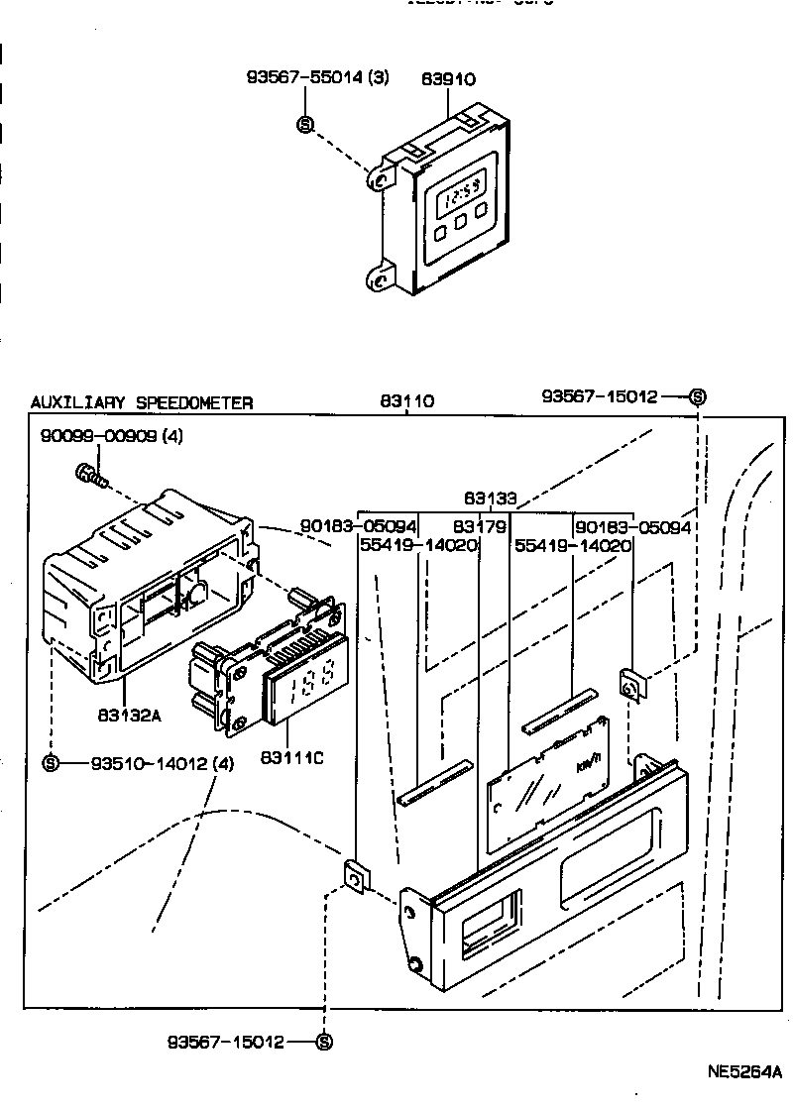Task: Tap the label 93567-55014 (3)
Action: pyautogui.click(x=317, y=78)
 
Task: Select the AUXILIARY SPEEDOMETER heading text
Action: pyautogui.click(x=141, y=402)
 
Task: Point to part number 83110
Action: pyautogui.click(x=406, y=401)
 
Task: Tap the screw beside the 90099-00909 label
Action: pyautogui.click(x=86, y=476)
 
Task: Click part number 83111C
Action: pyautogui.click(x=290, y=758)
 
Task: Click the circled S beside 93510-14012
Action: pyautogui.click(x=52, y=763)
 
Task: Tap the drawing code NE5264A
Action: pyautogui.click(x=743, y=1072)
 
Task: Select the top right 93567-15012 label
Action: pyautogui.click(x=600, y=396)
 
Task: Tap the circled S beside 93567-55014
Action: pyautogui.click(x=305, y=125)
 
